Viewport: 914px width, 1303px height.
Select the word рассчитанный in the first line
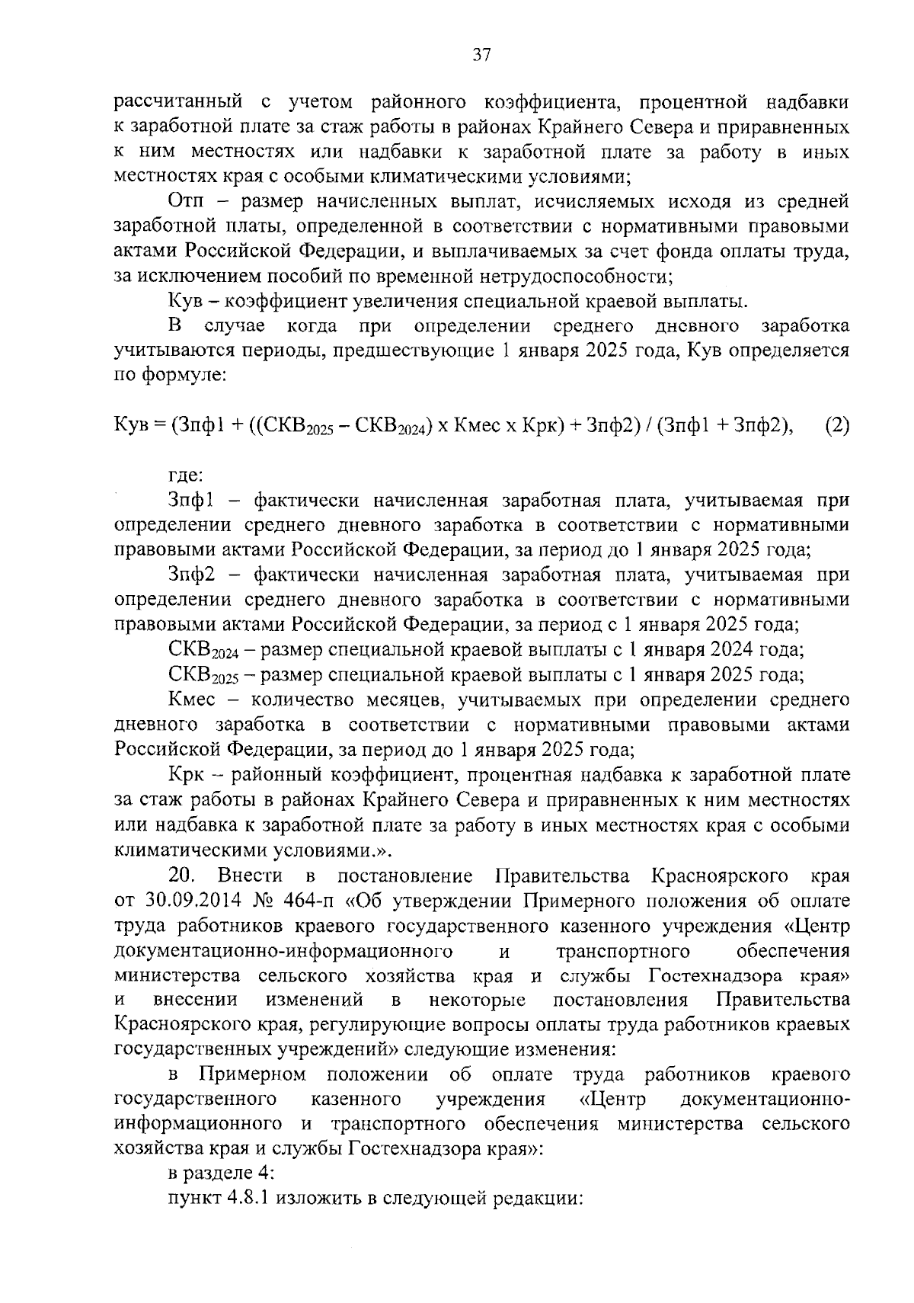[177, 102]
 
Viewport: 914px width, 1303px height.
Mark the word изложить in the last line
[311, 1199]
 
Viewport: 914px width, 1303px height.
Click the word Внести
[255, 876]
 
